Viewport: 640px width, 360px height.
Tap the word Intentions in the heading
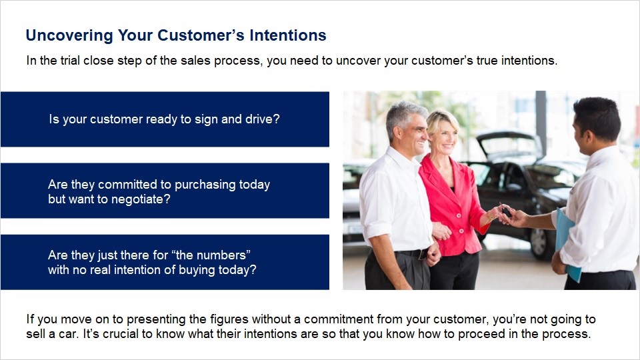288,35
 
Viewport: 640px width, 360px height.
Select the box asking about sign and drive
165,119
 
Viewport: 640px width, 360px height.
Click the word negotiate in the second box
139,199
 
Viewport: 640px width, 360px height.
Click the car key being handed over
506,211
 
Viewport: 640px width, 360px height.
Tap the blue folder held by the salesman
567,245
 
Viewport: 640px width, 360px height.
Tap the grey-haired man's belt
412,254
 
